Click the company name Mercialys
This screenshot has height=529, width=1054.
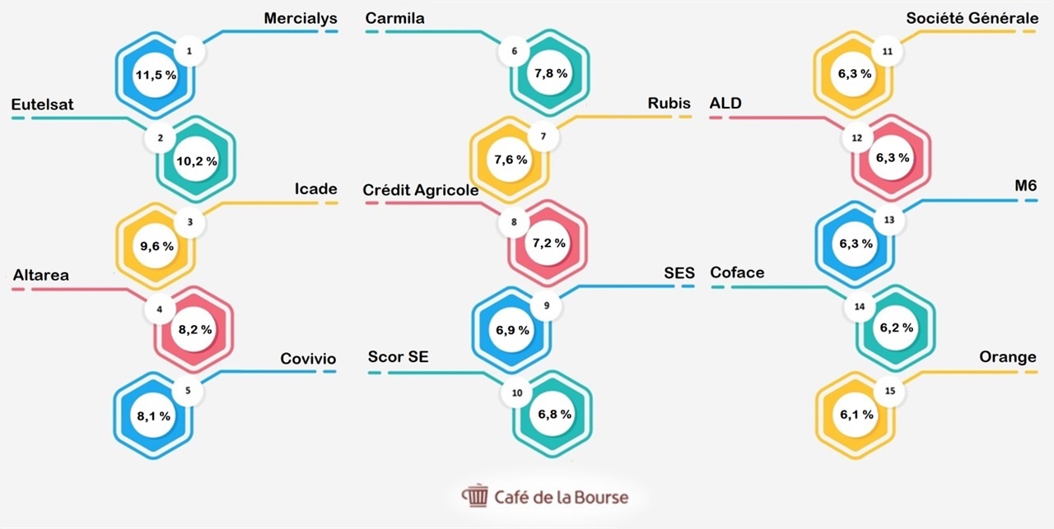[301, 18]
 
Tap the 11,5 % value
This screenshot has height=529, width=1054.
[156, 75]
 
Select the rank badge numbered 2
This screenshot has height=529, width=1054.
[161, 137]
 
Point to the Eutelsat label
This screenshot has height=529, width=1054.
[42, 104]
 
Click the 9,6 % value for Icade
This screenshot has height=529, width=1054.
[156, 246]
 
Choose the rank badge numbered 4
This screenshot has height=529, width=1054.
[160, 309]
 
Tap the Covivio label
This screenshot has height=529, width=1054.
[308, 359]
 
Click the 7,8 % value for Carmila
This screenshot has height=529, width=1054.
[551, 73]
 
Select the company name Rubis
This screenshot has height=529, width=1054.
[669, 103]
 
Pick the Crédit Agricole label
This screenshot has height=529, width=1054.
[420, 190]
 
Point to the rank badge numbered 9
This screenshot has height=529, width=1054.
[546, 306]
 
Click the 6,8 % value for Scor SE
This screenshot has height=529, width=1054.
[555, 415]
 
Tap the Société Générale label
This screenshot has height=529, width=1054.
[972, 18]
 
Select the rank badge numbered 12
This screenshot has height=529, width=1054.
[857, 137]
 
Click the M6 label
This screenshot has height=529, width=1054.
[1026, 186]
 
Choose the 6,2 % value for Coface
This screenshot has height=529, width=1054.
[897, 327]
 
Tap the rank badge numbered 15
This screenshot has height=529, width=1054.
[890, 391]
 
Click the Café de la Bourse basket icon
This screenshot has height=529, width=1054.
[476, 495]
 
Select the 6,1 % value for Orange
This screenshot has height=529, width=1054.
[856, 415]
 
